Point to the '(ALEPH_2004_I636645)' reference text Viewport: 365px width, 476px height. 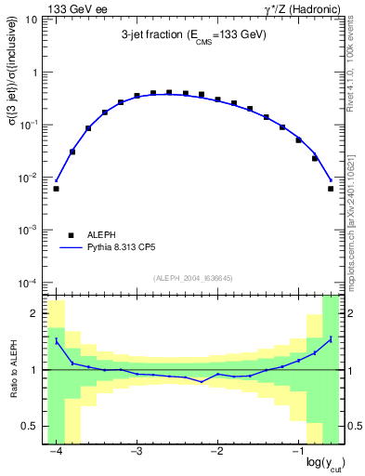(193, 277)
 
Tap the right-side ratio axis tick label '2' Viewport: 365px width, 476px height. (349, 313)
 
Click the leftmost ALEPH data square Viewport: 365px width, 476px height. (56, 189)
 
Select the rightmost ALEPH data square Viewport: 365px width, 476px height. (331, 189)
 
